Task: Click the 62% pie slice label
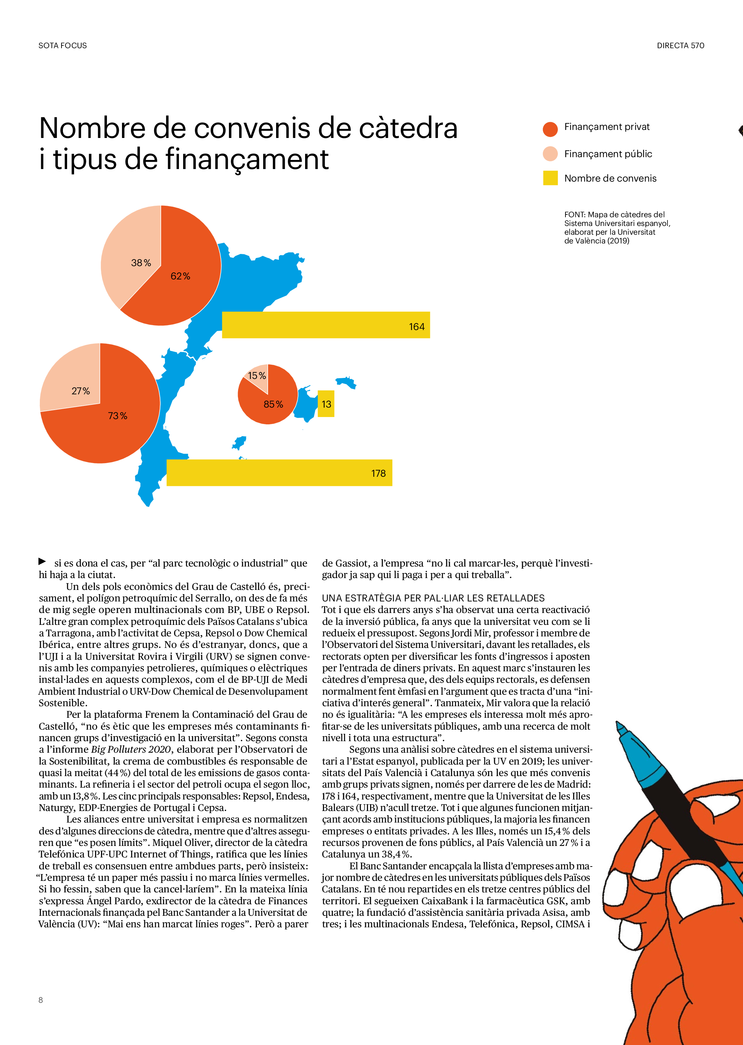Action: point(180,276)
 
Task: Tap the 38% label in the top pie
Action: point(141,263)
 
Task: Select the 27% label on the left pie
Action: point(80,391)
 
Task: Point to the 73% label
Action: point(117,416)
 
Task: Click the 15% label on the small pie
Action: point(257,376)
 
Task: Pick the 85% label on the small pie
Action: point(273,404)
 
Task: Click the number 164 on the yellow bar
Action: point(416,327)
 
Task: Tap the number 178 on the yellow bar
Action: point(378,474)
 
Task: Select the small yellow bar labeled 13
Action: point(326,404)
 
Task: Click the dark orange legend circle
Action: point(550,129)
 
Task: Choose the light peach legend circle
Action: point(550,154)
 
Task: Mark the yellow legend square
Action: point(550,178)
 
